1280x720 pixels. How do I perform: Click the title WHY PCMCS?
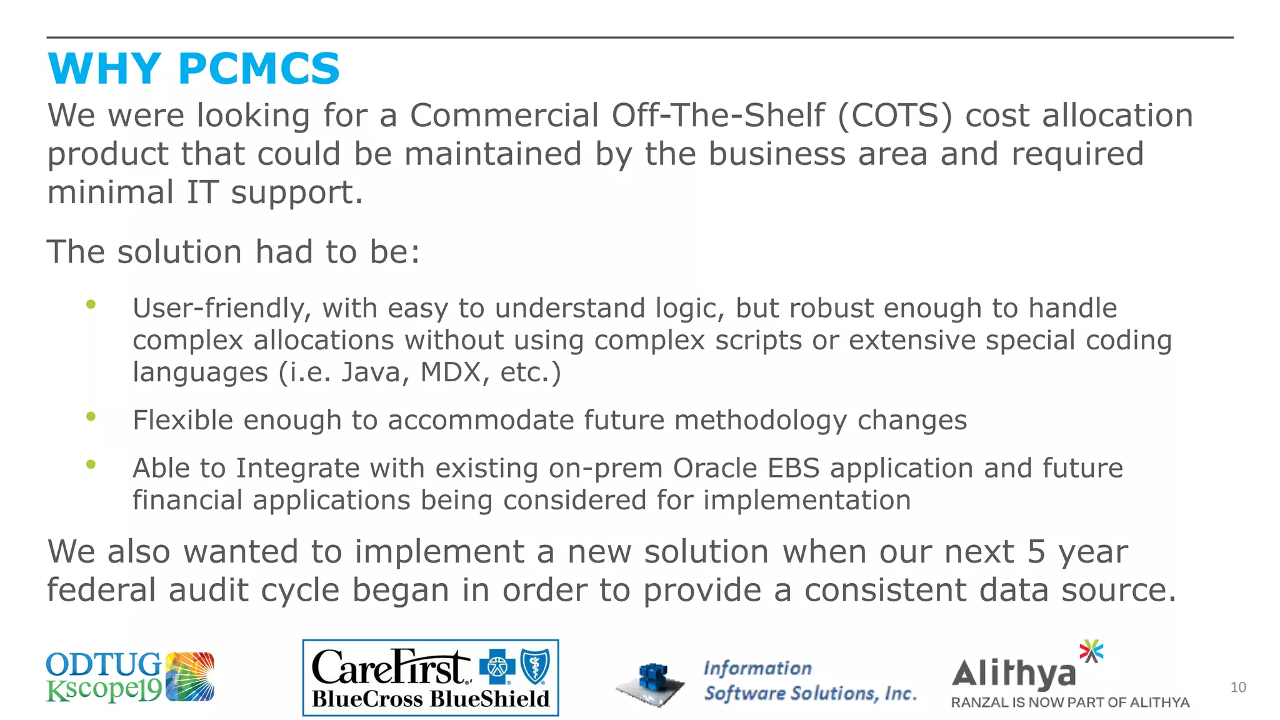coord(194,69)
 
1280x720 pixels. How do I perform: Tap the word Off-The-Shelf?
coord(717,116)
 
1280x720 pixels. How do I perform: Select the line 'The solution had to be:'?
coord(233,252)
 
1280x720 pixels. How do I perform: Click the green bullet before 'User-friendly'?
coord(91,305)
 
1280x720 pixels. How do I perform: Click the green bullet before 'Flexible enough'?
coord(91,416)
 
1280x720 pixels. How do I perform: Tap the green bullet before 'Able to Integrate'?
coord(91,464)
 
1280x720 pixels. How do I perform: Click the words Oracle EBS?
coord(746,468)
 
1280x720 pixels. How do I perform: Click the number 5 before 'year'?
coord(1036,552)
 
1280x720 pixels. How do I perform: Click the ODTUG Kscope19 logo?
coord(130,677)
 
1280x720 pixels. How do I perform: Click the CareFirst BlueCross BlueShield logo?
coord(430,678)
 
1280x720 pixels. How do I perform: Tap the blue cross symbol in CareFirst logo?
coord(497,667)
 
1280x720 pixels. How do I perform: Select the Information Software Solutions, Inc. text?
coord(809,681)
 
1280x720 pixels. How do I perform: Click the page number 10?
coord(1237,687)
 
